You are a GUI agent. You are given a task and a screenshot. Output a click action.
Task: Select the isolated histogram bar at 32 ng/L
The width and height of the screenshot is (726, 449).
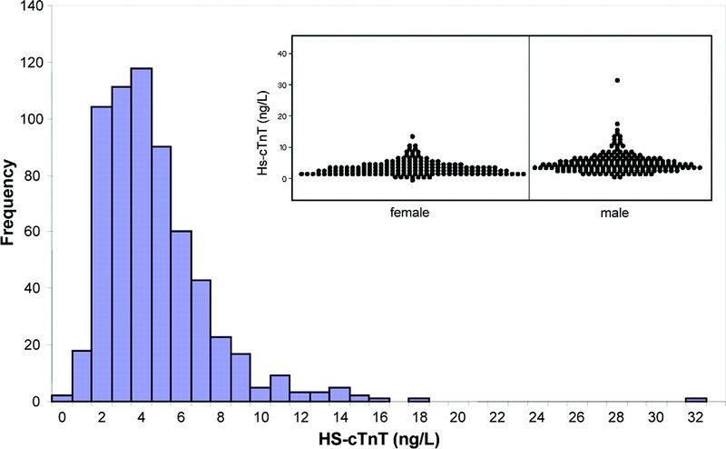[x=696, y=399]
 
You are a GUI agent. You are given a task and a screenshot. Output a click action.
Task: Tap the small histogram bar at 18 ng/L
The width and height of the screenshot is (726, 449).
[x=418, y=399]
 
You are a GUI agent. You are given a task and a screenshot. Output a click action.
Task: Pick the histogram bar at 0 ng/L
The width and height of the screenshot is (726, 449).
[x=61, y=398]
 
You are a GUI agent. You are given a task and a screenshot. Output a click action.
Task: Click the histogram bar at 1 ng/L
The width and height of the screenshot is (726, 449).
[x=81, y=375]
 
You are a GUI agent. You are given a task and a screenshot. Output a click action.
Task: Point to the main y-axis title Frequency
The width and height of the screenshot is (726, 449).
[x=13, y=203]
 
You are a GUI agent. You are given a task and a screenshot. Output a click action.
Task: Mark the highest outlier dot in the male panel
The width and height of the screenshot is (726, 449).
[x=617, y=81]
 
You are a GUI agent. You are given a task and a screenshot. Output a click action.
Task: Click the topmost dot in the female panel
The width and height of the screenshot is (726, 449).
[x=412, y=137]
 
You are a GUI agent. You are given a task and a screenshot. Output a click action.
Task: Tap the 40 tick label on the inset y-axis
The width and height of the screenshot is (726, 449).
[x=283, y=54]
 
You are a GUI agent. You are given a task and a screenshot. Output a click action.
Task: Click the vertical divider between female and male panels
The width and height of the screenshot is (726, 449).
[x=528, y=118]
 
